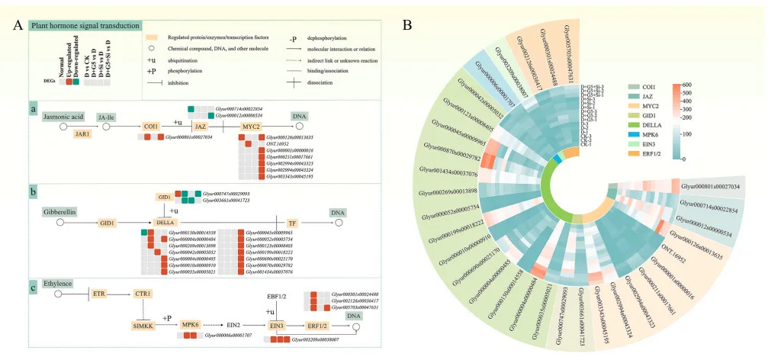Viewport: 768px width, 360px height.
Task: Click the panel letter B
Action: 408,24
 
